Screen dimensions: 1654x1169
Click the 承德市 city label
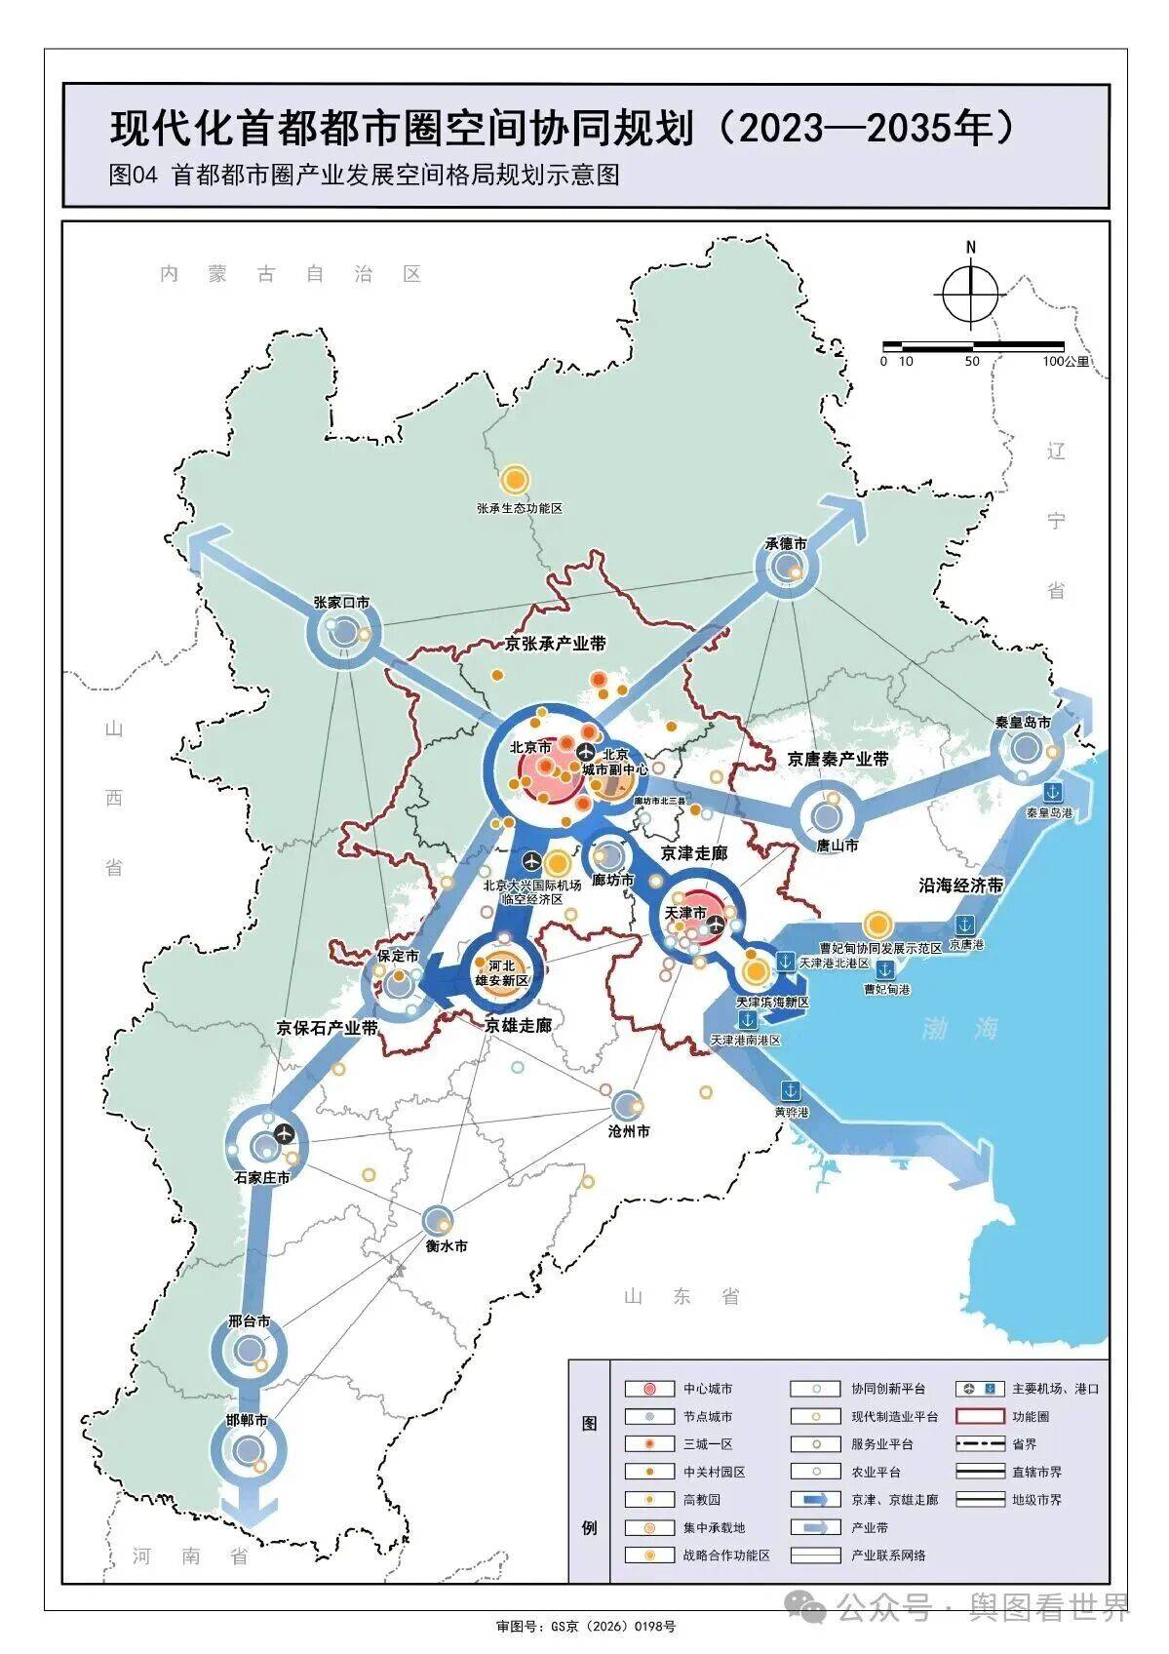tap(785, 543)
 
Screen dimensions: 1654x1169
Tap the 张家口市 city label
tap(341, 603)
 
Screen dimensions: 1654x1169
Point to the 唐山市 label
tap(838, 846)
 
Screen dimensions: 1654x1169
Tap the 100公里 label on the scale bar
tap(1066, 361)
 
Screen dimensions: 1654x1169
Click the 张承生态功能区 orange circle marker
tap(515, 480)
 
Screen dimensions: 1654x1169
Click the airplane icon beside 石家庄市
tap(284, 1133)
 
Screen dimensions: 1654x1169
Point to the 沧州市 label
tap(628, 1131)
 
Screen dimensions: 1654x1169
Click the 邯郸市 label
tap(247, 1420)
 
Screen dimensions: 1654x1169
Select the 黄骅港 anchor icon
tap(791, 1090)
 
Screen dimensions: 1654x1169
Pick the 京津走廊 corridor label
tap(694, 852)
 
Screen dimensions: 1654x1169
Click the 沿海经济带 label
tap(960, 885)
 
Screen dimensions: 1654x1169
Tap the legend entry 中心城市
tap(707, 1389)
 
